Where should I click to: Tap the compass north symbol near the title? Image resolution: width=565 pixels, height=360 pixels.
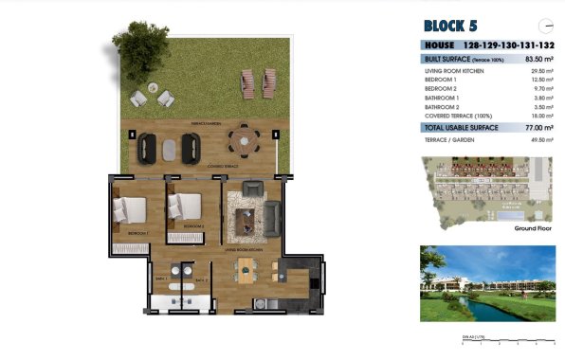(544, 26)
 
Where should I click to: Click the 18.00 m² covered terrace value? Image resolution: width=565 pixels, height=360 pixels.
(539, 115)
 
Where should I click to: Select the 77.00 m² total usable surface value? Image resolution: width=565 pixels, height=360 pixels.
(537, 126)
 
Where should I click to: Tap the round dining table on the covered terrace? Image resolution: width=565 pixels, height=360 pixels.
(243, 140)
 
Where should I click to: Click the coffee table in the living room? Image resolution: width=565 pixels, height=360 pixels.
(246, 220)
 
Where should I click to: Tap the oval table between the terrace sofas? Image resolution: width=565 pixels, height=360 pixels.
(170, 148)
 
